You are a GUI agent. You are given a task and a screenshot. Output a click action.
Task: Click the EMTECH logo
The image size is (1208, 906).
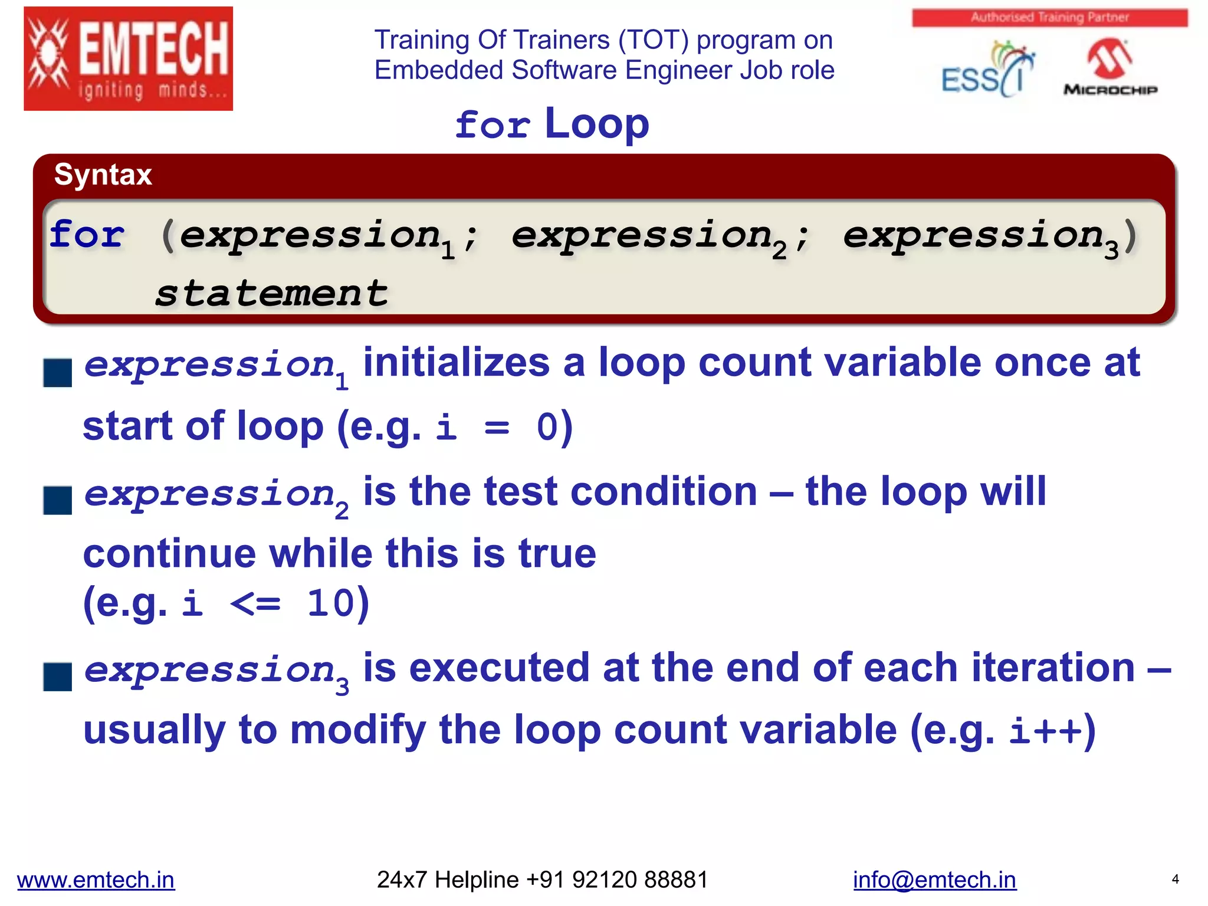pos(128,58)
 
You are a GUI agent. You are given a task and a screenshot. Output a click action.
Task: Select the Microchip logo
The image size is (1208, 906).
pos(1110,68)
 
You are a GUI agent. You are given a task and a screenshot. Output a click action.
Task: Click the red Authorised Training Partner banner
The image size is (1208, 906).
pos(1049,18)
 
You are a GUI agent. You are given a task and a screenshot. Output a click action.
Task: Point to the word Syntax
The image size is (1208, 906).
pos(103,175)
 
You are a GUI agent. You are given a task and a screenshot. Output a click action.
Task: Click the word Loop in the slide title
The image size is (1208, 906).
pos(596,124)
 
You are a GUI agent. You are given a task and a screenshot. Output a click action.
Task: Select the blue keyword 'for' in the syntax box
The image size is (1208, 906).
pos(87,235)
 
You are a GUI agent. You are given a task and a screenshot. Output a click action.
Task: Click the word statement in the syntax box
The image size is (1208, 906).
pos(271,293)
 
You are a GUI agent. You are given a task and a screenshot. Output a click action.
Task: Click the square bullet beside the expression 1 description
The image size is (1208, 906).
pos(58,373)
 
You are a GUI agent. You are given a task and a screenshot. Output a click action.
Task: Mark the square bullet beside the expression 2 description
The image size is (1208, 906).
pos(58,501)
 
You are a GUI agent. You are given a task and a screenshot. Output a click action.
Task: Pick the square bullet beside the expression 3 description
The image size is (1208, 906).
pos(58,677)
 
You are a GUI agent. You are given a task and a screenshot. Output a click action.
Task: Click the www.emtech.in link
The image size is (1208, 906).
pos(96,879)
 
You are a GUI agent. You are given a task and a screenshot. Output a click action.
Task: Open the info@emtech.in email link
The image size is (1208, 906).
pos(934,879)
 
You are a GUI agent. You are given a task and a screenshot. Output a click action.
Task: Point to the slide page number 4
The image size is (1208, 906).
pos(1175,879)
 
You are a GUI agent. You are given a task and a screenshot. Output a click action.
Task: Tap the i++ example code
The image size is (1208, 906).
pos(1045,731)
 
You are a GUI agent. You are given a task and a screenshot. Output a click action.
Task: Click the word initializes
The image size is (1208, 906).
pos(456,363)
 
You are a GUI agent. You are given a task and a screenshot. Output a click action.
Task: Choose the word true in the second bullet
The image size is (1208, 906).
pos(557,554)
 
